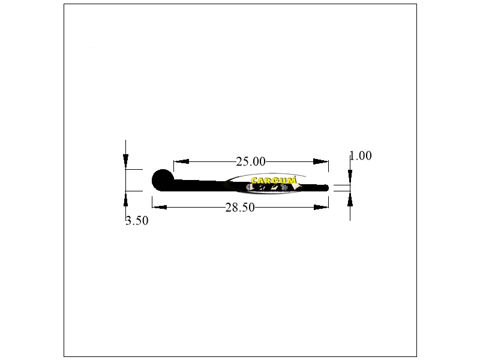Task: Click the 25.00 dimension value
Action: tap(251, 161)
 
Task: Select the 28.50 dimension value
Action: tap(240, 208)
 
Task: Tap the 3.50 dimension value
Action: tap(137, 220)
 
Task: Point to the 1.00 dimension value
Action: tap(361, 155)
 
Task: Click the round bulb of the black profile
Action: tap(163, 180)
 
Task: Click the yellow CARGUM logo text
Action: tap(274, 181)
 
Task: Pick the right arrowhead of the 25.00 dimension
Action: tap(321, 161)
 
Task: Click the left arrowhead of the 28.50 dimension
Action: tap(160, 207)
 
